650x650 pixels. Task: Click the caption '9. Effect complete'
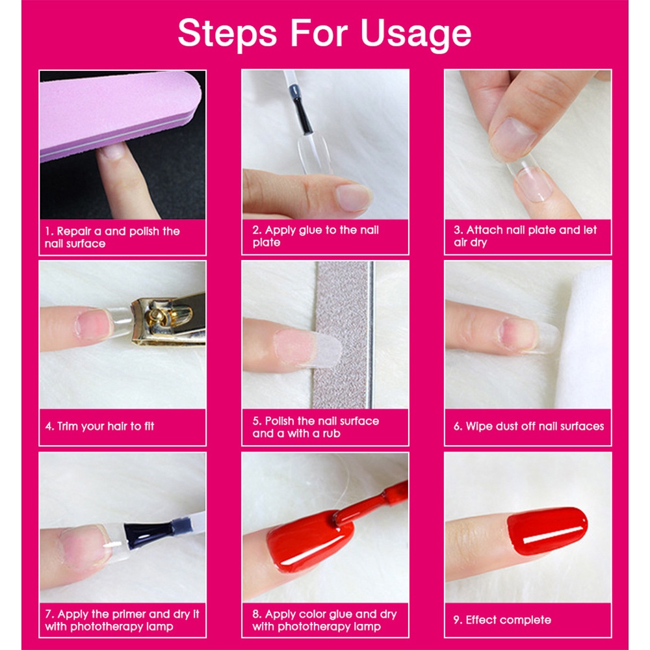[x=502, y=620]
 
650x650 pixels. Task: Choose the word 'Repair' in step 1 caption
[x=74, y=231]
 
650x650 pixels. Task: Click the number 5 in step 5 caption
[x=256, y=421]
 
